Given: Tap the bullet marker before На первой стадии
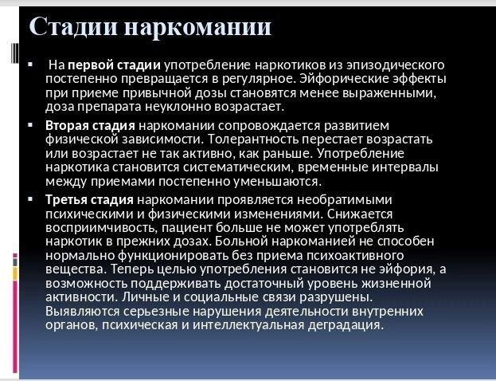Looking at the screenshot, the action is [x=30, y=65].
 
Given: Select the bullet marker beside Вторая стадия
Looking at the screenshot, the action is [x=30, y=125].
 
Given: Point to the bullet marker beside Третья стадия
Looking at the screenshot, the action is [x=30, y=199].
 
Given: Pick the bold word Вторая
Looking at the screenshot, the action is [x=67, y=126].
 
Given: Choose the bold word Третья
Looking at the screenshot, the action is [x=66, y=200].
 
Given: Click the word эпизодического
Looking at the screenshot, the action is [x=396, y=65].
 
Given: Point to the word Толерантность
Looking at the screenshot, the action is [x=252, y=139].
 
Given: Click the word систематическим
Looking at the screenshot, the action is [x=239, y=167].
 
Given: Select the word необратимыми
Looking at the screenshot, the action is [x=345, y=200].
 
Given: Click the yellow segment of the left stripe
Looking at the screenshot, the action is [x=15, y=273].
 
